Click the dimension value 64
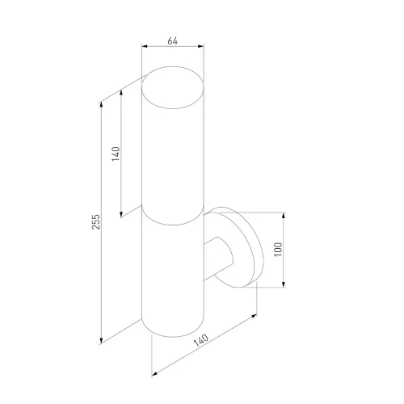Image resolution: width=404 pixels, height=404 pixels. tap(173, 41)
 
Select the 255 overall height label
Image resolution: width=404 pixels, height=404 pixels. tap(96, 222)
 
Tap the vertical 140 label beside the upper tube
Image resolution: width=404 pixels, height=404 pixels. tap(116, 154)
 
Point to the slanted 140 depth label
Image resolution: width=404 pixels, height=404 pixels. tap(201, 340)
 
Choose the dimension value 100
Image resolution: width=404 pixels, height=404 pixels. tap(279, 250)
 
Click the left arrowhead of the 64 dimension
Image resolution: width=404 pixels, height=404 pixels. tap(145, 46)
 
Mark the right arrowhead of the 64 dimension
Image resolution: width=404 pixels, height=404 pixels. tap(201, 46)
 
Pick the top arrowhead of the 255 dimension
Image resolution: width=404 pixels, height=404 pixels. tap(101, 105)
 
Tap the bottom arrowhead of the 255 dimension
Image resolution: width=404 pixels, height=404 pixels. tap(101, 341)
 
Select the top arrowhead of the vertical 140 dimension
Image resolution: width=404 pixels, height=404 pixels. tap(121, 92)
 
